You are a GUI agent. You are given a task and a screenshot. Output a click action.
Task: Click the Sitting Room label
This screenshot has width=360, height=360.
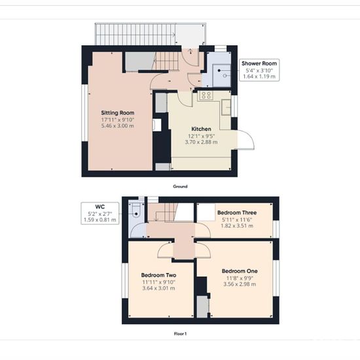pyautogui.click(x=118, y=113)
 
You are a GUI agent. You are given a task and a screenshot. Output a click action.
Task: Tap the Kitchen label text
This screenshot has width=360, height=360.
pyautogui.click(x=201, y=129)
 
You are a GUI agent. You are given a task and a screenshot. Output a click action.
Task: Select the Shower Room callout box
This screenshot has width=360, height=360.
pyautogui.click(x=259, y=70)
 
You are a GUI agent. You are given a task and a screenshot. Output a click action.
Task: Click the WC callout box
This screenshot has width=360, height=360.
pyautogui.click(x=100, y=213)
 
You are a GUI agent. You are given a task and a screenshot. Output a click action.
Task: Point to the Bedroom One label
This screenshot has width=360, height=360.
pyautogui.click(x=240, y=271)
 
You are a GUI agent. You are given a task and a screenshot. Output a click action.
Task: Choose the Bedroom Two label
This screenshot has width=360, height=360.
pyautogui.click(x=158, y=275)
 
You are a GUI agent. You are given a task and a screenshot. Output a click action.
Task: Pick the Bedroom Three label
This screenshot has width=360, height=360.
pyautogui.click(x=237, y=213)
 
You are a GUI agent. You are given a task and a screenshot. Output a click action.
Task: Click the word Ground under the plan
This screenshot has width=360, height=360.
pyautogui.click(x=180, y=187)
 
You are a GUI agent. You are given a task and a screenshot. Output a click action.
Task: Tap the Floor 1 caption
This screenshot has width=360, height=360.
pyautogui.click(x=180, y=334)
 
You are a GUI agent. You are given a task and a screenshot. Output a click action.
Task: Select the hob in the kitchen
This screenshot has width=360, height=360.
pyautogui.click(x=206, y=96)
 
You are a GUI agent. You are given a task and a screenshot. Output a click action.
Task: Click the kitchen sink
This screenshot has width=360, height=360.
pyautogui.click(x=226, y=107)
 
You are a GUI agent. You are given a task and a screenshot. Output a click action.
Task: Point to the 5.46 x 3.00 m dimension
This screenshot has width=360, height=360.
pyautogui.click(x=118, y=126)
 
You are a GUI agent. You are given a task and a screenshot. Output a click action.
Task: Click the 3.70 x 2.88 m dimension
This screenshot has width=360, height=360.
pyautogui.click(x=201, y=142)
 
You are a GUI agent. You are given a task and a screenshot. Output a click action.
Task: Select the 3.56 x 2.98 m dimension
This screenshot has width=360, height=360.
pyautogui.click(x=240, y=284)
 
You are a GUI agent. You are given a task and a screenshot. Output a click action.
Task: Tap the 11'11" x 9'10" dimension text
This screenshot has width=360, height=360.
pyautogui.click(x=158, y=282)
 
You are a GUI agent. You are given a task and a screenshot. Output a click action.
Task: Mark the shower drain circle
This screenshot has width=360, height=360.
pyautogui.click(x=225, y=75)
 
